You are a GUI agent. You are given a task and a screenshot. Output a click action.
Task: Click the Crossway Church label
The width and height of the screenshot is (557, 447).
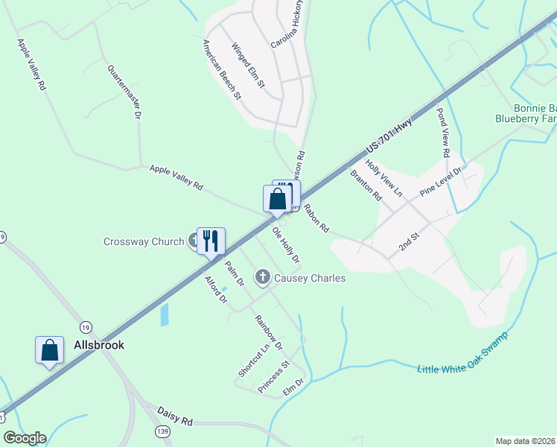pyautogui.click(x=143, y=241)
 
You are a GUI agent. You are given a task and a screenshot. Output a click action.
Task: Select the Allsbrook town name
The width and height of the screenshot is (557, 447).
pyautogui.click(x=98, y=345)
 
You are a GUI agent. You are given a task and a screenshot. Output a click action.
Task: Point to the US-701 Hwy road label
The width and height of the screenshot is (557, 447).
pyautogui.click(x=389, y=139)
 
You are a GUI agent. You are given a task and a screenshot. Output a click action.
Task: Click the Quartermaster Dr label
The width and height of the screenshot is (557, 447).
pyautogui.click(x=124, y=92)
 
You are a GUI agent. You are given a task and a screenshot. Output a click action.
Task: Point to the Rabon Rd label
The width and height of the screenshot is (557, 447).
pyautogui.click(x=316, y=219)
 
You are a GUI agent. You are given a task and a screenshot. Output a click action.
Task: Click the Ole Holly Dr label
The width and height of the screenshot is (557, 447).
pyautogui.click(x=285, y=245)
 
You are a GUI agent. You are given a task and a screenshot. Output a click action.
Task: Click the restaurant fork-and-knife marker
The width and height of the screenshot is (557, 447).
pyautogui.click(x=211, y=241)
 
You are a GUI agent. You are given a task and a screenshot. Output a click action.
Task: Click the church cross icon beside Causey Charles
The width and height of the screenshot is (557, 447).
pyautogui.click(x=262, y=278)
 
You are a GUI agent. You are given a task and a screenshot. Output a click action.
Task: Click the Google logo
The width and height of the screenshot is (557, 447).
pyautogui.click(x=25, y=438)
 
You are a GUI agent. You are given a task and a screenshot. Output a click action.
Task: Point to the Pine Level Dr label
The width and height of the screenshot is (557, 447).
pyautogui.click(x=441, y=181)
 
